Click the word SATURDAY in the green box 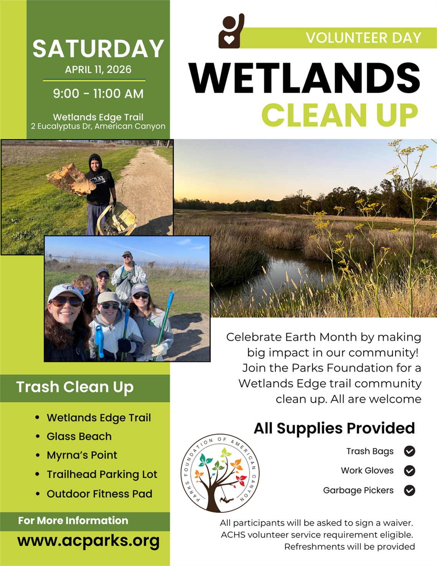[98, 49]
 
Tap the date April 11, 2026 [98, 69]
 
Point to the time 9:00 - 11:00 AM [98, 94]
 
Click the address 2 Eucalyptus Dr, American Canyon [98, 126]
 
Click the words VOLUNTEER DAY [363, 38]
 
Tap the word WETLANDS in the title [305, 78]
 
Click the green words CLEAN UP [339, 115]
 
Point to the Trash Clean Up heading [75, 387]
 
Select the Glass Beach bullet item [79, 436]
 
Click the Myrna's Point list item [82, 455]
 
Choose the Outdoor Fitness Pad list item [99, 493]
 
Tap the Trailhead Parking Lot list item [102, 474]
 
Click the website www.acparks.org [89, 541]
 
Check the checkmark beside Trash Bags [409, 451]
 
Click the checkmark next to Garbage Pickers [409, 490]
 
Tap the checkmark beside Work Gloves [409, 471]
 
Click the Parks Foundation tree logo [220, 473]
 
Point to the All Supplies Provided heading [334, 428]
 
